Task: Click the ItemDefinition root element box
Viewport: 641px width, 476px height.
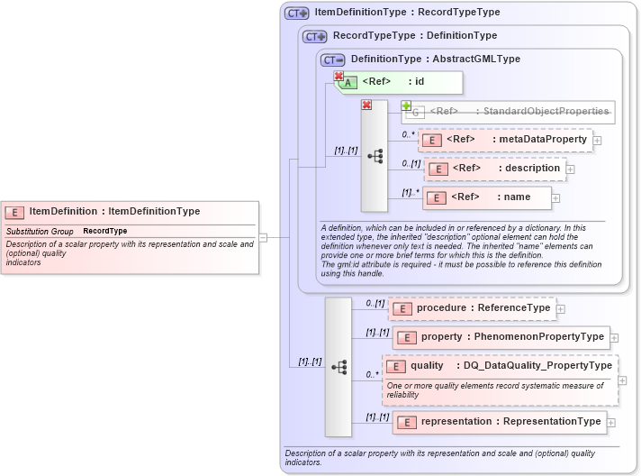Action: [x=131, y=212]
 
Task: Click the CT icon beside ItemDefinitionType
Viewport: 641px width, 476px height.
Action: [x=296, y=14]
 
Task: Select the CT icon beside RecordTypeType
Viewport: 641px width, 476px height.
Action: [x=314, y=37]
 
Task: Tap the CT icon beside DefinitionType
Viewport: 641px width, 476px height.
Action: [x=332, y=59]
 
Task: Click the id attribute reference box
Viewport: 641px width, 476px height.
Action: [x=401, y=82]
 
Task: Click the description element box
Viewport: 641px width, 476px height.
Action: [x=494, y=169]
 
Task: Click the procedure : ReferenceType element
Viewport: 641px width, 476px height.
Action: [x=472, y=308]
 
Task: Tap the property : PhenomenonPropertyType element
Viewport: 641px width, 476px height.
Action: [x=501, y=337]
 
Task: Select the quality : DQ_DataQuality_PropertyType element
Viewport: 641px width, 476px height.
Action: [x=501, y=366]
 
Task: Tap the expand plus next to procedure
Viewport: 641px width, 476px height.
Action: [x=561, y=309]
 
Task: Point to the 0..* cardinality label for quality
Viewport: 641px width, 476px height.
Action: [x=372, y=374]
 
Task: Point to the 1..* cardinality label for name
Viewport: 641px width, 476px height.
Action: [x=411, y=192]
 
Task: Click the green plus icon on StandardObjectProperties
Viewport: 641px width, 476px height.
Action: [x=406, y=105]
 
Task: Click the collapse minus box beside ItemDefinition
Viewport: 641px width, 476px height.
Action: [x=263, y=237]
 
